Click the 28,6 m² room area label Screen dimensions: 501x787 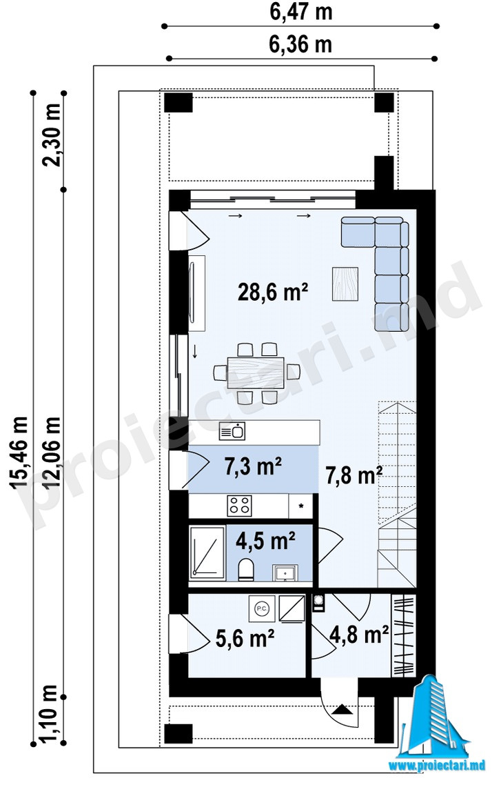(x=272, y=292)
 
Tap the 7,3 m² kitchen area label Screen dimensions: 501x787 (x=253, y=467)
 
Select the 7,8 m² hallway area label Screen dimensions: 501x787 (x=355, y=475)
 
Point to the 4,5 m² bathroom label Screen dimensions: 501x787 (x=265, y=541)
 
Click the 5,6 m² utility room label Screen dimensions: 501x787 (x=245, y=639)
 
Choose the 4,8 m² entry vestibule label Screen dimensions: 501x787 (x=359, y=635)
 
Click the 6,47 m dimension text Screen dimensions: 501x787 (x=301, y=12)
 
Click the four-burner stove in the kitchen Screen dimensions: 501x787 (x=239, y=506)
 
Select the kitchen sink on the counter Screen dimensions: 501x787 (x=232, y=431)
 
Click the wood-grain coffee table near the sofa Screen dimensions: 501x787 (x=345, y=283)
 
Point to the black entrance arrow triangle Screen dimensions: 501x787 (x=342, y=710)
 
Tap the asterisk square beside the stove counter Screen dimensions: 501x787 (x=301, y=506)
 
